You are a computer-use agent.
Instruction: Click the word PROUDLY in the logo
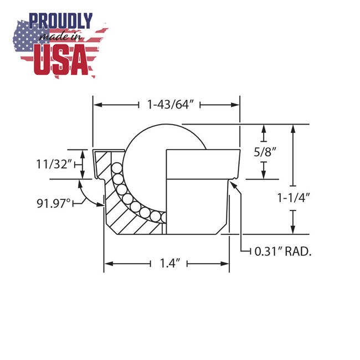[x=61, y=22]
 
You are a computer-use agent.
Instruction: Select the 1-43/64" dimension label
[x=168, y=104]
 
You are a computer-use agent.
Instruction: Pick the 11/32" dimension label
[x=54, y=164]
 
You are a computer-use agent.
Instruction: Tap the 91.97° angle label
[x=54, y=203]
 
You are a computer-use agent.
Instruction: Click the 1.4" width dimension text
[x=168, y=264]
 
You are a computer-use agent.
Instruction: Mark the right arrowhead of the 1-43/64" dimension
[x=236, y=104]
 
